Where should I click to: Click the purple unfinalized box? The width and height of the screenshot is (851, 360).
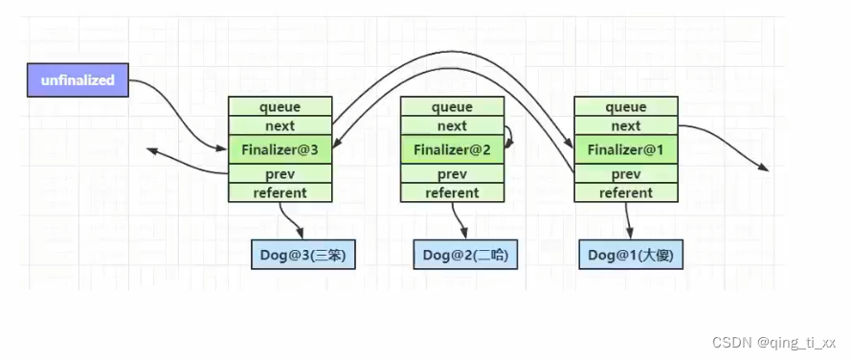pos(78,80)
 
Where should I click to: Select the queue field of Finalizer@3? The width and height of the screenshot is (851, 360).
pos(280,107)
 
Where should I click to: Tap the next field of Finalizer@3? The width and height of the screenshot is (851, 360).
pos(280,125)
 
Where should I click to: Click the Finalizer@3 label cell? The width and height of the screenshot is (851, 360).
pos(280,150)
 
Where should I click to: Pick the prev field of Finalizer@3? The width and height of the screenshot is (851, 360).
pos(280,174)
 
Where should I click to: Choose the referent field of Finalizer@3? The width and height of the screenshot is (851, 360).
pos(280,192)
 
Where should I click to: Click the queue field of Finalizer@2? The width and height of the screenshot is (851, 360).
pos(452,107)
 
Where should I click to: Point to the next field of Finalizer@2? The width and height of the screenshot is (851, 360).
pos(452,125)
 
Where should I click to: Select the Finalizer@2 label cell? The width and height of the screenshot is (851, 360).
pos(452,150)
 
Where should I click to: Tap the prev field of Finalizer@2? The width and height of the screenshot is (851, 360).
pos(452,174)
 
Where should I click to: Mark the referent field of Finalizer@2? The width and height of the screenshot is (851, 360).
pos(452,192)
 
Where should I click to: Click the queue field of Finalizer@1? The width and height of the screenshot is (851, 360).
pos(626,107)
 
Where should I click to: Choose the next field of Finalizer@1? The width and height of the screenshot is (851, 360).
pos(626,125)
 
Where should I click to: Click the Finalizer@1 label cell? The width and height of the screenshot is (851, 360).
pos(626,150)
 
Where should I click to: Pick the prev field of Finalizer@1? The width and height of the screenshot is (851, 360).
pos(626,174)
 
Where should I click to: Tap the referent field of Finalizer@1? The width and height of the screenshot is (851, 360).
pos(626,192)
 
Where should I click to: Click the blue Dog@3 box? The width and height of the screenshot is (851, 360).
pos(302,255)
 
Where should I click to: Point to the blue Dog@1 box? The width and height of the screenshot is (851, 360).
pos(631,255)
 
